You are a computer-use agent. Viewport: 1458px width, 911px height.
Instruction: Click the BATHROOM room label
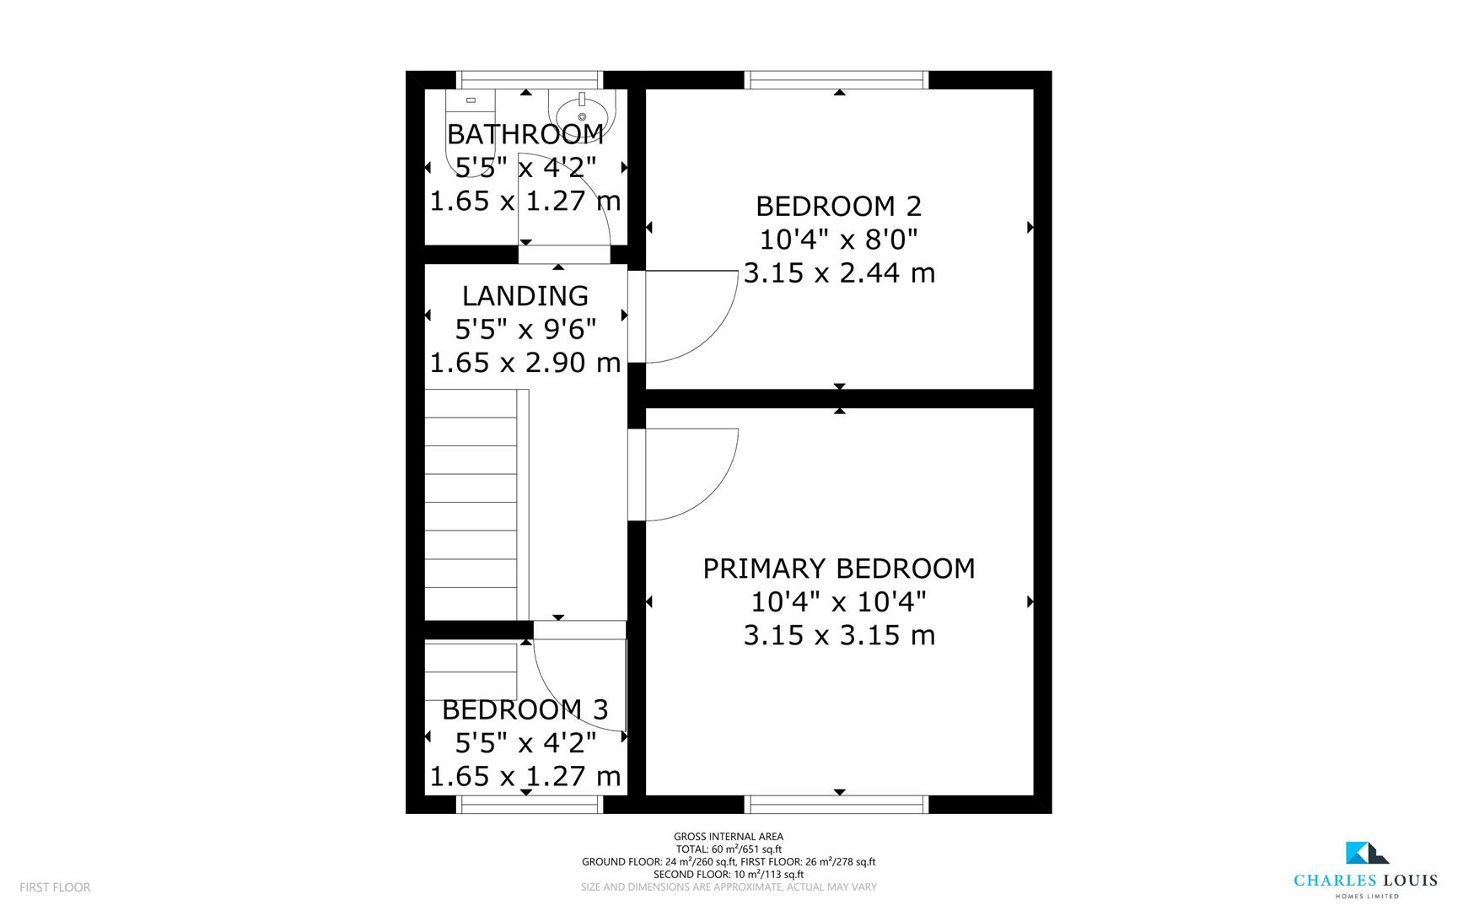pos(525,134)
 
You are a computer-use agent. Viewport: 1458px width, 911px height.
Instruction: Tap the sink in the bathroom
pos(583,112)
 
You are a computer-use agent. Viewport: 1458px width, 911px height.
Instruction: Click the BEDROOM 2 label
pos(838,206)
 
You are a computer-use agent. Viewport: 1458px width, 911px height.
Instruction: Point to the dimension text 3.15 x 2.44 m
pos(838,273)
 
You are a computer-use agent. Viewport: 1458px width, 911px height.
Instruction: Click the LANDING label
pos(525,296)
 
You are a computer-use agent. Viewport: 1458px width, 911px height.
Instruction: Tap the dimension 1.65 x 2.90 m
pos(525,363)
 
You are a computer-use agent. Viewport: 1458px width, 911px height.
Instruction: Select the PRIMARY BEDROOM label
pos(838,569)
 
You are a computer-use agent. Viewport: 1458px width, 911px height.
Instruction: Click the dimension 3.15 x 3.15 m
pos(838,635)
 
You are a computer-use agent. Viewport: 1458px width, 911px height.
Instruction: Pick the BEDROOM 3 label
pos(525,709)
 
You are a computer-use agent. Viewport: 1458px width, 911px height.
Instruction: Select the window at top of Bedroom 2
pos(838,80)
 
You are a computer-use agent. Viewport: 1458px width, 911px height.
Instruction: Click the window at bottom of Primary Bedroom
pos(838,805)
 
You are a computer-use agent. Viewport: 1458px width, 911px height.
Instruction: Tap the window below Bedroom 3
pos(530,805)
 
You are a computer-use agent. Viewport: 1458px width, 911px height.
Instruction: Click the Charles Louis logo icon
pos(1366,853)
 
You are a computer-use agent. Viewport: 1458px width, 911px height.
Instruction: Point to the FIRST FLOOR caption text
pos(55,887)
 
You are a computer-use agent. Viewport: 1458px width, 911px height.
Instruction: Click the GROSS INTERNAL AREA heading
pos(728,837)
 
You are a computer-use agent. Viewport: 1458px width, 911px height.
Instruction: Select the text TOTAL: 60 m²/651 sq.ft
pos(728,849)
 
